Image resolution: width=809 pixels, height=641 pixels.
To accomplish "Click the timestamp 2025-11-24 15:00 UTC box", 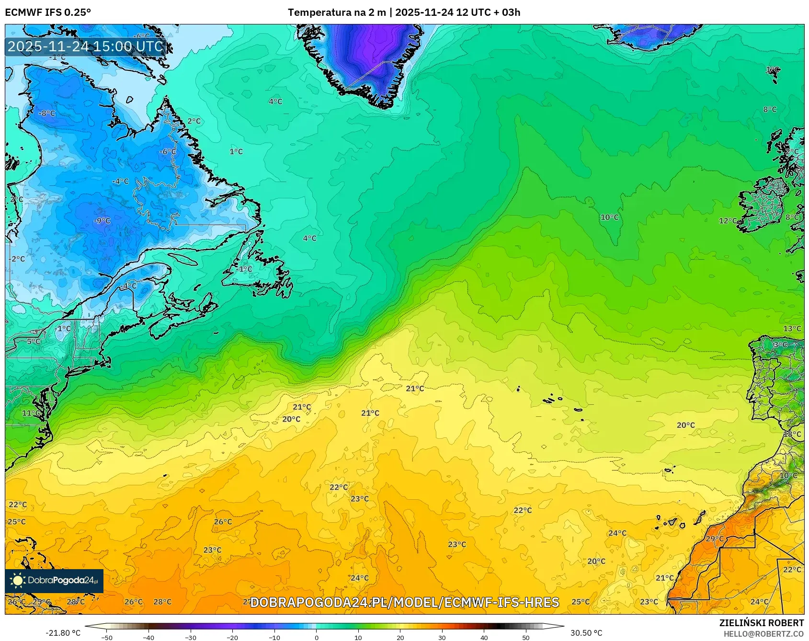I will pos(86,46).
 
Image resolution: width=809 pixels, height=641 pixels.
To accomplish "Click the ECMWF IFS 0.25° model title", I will pos(48,12).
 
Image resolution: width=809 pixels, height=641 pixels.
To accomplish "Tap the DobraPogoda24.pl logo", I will pos(54,581).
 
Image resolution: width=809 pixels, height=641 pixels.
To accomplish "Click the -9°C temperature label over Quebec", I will pos(102,221).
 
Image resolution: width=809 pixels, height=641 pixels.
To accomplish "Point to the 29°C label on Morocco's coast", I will pos(715,539).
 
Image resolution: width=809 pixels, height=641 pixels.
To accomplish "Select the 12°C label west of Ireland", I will pos(728,221).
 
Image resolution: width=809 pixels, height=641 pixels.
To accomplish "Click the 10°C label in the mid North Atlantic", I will pos(609,217).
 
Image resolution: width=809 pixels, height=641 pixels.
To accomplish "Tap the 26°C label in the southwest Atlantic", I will pos(223,522).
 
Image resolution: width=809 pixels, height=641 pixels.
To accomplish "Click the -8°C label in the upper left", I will pos(47,114).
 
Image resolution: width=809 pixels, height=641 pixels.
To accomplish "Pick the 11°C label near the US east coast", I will pos(31,413).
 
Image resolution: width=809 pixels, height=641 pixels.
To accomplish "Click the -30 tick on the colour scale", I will pos(191,638).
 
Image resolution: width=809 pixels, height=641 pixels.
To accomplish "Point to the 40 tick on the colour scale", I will pos(484,638).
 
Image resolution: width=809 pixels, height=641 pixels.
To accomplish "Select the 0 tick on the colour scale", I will pos(316,638).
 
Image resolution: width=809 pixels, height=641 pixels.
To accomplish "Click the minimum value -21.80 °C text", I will pos(63,633).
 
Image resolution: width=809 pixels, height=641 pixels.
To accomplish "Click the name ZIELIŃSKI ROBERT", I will pos(761,623).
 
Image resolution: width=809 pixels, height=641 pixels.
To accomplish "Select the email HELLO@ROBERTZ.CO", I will pos(763,634).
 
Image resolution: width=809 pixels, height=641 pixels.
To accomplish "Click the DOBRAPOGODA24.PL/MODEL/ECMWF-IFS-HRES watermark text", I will pos(405,602).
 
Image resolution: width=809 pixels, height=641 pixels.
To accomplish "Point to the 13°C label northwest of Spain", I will pos(792,329).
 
